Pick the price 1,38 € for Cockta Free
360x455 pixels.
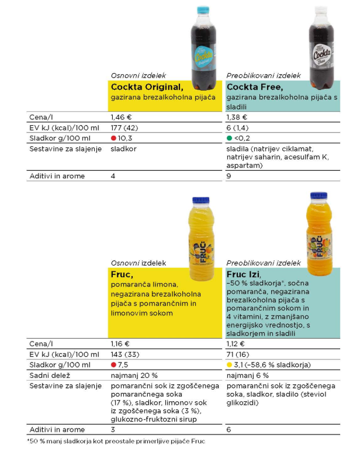coord(237,117)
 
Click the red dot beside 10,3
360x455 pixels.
coord(114,138)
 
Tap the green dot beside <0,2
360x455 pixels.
coord(230,138)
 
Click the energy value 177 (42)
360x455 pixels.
coord(124,127)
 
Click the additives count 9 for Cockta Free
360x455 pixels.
coord(229,176)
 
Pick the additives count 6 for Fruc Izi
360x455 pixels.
coord(229,430)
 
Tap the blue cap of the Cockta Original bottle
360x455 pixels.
coord(204,11)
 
